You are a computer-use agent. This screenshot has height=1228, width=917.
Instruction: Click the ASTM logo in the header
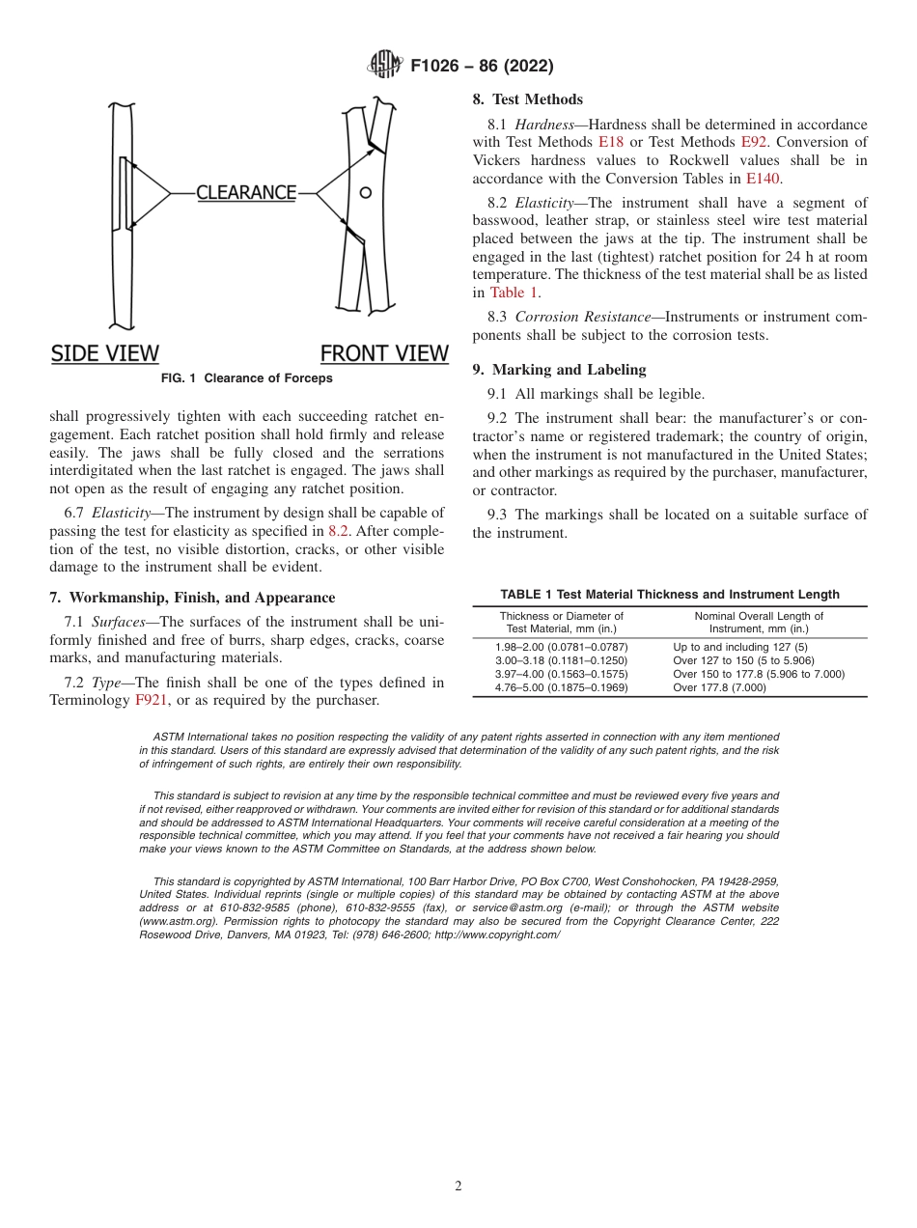(x=384, y=66)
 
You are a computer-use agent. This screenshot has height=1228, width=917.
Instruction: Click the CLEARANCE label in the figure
(x=246, y=192)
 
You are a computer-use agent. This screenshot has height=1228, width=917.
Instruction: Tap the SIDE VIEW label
(x=104, y=353)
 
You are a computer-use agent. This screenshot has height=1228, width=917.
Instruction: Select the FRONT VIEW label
(x=384, y=353)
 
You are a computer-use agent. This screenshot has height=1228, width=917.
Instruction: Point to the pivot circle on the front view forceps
(x=365, y=193)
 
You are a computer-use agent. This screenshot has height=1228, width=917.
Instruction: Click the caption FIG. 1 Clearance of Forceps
(x=246, y=378)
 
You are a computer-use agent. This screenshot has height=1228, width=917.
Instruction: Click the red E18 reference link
(x=611, y=143)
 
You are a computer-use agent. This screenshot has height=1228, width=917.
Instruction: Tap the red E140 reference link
(x=763, y=179)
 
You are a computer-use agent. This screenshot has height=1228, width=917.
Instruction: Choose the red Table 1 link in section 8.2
(x=514, y=293)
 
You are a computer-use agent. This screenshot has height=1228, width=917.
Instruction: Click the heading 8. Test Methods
(x=527, y=99)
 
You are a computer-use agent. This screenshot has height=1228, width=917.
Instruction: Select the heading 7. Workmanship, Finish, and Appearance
(x=192, y=598)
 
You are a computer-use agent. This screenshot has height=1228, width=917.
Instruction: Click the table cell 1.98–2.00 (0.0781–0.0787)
(x=561, y=647)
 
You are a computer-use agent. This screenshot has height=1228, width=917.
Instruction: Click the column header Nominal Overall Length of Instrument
(x=759, y=622)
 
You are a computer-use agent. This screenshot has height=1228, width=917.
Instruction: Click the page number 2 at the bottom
(x=458, y=1186)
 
